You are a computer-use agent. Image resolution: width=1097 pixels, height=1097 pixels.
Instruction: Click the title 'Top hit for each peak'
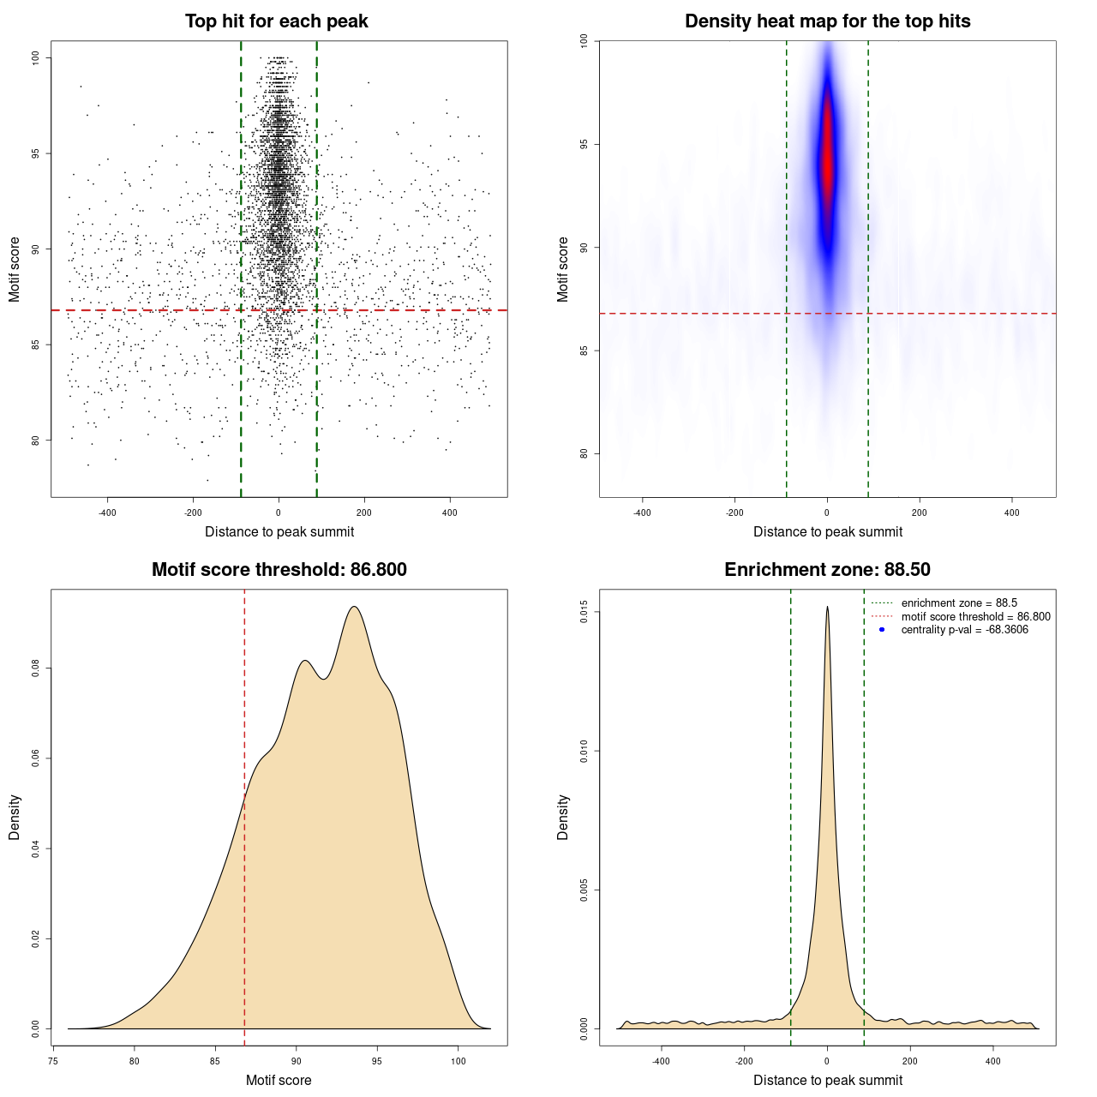click(x=276, y=21)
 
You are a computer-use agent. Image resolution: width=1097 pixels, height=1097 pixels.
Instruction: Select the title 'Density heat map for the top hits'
click(x=827, y=21)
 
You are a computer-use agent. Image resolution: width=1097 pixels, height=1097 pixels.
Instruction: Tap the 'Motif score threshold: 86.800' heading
click(x=279, y=570)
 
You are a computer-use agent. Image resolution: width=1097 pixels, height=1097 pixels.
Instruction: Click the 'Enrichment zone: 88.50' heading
click(x=827, y=570)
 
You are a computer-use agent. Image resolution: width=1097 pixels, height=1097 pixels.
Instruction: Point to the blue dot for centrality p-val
click(x=882, y=630)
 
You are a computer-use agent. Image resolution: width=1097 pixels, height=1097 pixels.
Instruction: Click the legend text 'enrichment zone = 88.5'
click(x=959, y=603)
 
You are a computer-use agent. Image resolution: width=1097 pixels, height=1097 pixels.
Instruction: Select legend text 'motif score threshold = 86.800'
click(x=975, y=616)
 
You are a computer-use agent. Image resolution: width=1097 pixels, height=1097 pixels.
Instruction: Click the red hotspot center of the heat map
click(x=827, y=163)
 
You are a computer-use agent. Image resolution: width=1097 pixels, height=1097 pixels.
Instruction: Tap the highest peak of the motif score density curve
click(x=354, y=607)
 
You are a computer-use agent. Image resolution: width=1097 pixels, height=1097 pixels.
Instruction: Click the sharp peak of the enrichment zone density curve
click(x=827, y=607)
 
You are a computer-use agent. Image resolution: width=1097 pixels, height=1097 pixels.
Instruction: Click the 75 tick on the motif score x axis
click(x=53, y=1061)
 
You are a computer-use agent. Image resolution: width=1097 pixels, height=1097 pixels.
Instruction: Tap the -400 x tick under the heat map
click(x=642, y=513)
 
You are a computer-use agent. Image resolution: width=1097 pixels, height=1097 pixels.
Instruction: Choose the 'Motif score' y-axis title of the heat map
click(x=562, y=269)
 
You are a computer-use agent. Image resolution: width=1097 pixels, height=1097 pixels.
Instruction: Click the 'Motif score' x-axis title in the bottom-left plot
click(x=279, y=1080)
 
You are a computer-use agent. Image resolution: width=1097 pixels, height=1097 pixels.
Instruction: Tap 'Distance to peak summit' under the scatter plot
click(x=279, y=531)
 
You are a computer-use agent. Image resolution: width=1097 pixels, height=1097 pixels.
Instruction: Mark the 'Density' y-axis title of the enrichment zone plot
click(x=562, y=817)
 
